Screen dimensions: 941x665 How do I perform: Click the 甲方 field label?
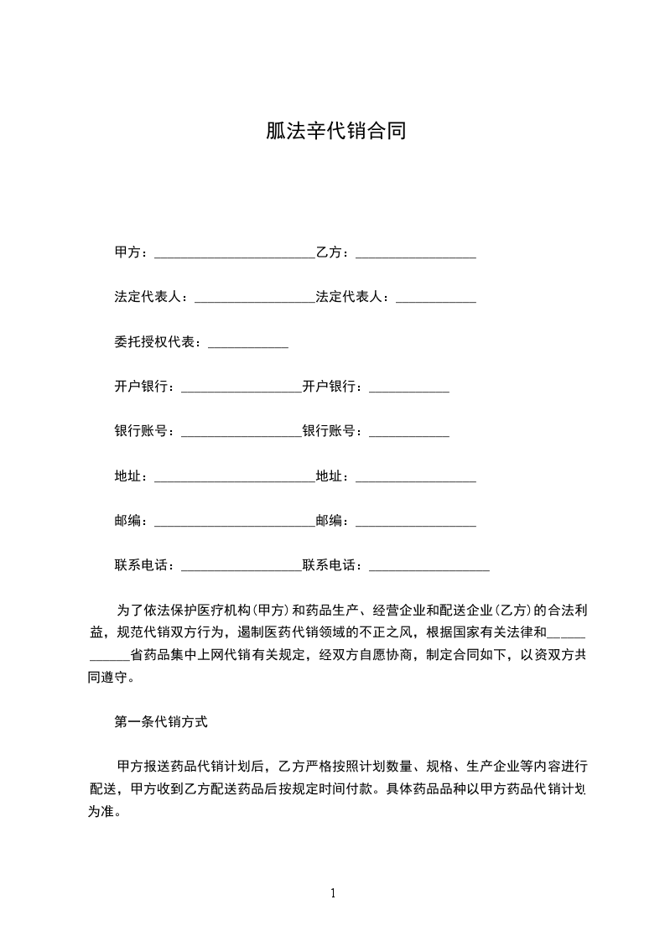[x=127, y=252]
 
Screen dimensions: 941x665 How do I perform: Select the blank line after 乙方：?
[x=416, y=255]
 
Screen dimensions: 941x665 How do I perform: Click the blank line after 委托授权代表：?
[x=247, y=346]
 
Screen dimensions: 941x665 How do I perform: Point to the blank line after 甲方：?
[x=235, y=255]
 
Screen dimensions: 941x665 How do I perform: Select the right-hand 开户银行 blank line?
[x=409, y=390]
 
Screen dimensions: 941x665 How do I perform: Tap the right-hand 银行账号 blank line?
[x=409, y=434]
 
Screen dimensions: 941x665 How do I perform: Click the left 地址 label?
[x=127, y=476]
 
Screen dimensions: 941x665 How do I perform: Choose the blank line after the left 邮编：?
[x=235, y=524]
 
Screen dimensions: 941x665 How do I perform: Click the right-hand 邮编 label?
[x=329, y=521]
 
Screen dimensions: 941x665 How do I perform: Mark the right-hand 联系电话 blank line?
[x=429, y=569]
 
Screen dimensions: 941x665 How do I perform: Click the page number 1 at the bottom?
[x=333, y=893]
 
